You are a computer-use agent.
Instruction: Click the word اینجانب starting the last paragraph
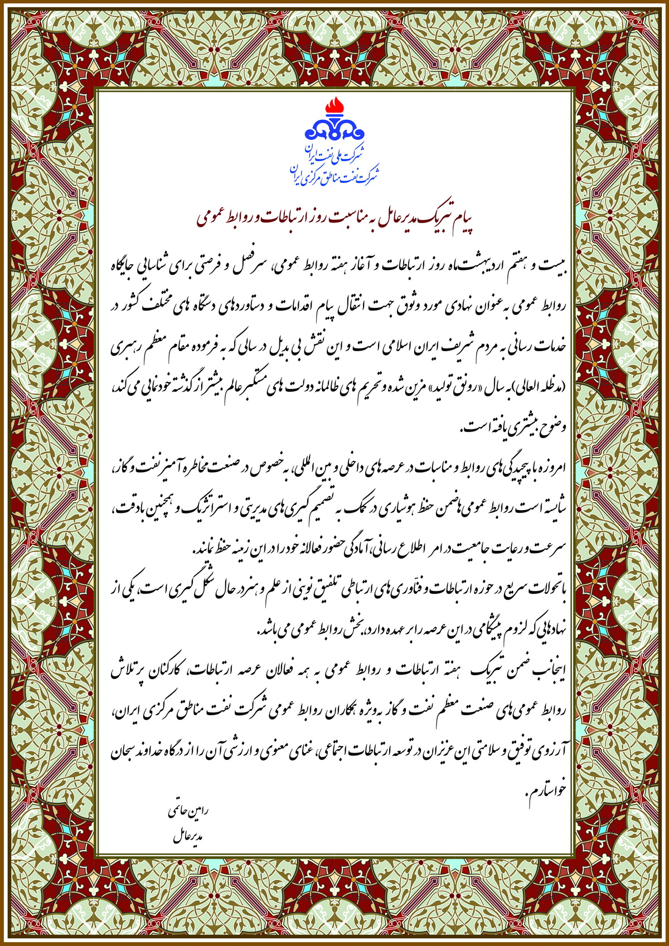tap(549, 672)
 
